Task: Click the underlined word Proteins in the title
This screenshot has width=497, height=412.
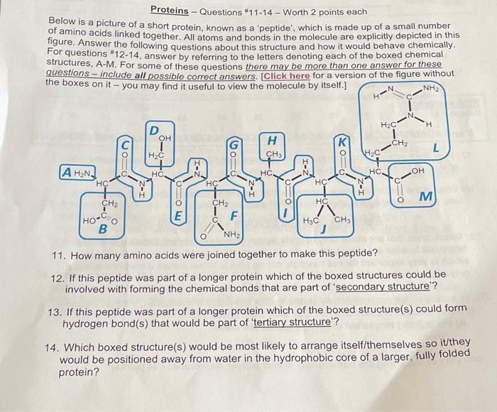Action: pos(170,11)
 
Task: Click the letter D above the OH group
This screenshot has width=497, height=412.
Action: pos(153,131)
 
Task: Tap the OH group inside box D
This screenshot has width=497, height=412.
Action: pos(165,139)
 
